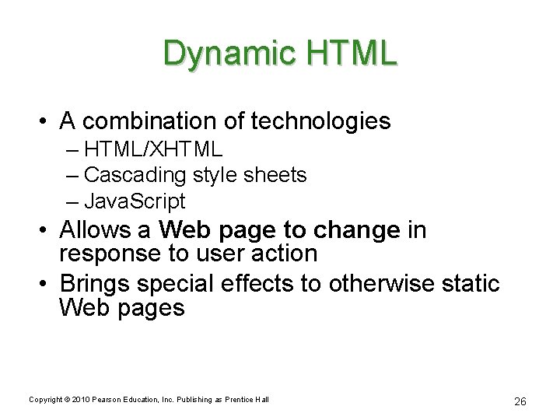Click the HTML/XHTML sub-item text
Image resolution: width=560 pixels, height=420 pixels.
click(x=153, y=149)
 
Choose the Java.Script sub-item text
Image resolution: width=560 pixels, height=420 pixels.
click(x=135, y=201)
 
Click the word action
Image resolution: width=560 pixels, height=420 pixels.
click(x=285, y=254)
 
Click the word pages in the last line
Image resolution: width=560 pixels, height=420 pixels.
click(x=154, y=308)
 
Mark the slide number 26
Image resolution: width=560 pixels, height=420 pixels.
click(x=520, y=401)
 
